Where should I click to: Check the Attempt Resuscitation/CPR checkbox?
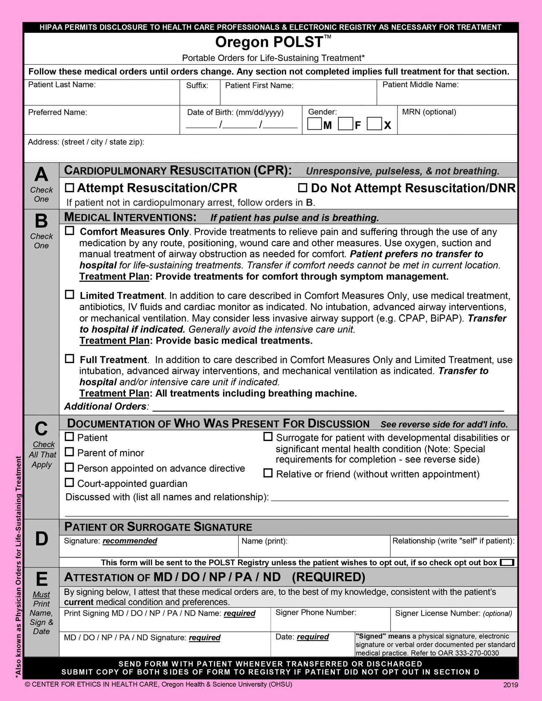point(70,187)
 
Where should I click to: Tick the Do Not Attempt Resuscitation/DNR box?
point(303,187)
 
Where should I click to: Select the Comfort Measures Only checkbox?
point(70,231)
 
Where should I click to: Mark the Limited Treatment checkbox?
point(70,295)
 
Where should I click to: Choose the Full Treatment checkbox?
point(70,359)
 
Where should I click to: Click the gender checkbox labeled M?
point(314,124)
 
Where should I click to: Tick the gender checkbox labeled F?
point(345,124)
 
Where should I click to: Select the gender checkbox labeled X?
point(374,124)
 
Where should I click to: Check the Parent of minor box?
point(69,452)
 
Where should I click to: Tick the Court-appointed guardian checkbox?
point(69,482)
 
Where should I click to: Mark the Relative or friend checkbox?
point(268,473)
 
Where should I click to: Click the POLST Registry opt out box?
point(507,563)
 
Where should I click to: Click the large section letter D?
point(41,539)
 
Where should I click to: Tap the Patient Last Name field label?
point(62,85)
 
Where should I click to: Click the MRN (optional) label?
point(429,112)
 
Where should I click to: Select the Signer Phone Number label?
point(315,613)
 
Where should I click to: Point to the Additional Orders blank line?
point(327,408)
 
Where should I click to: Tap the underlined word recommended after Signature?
point(130,541)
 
